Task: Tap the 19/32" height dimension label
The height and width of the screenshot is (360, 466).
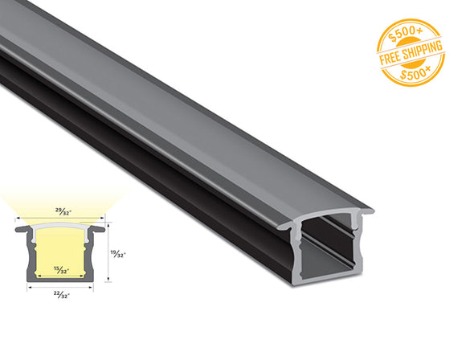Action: click(x=117, y=253)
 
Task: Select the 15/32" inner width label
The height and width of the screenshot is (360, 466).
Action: click(x=60, y=268)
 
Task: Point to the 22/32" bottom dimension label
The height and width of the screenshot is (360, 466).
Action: click(x=60, y=293)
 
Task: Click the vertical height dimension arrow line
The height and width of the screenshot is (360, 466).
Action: click(x=108, y=253)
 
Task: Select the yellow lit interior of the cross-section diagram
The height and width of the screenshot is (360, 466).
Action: click(x=60, y=249)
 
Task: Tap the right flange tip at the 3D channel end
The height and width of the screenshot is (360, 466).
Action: click(x=370, y=212)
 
